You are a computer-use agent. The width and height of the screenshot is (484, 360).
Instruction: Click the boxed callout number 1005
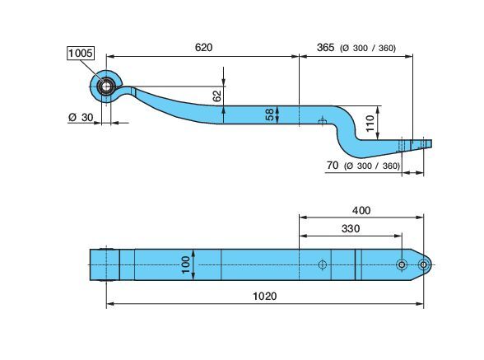pos(81,54)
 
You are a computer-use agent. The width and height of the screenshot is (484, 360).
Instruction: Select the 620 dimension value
pos(204,47)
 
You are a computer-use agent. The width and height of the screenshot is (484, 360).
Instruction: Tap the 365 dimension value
pos(325,47)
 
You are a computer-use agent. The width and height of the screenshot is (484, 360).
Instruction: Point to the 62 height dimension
pos(217,96)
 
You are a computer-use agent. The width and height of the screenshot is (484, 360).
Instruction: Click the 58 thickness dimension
pos(269,115)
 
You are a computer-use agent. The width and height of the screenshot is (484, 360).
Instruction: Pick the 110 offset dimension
pos(370,123)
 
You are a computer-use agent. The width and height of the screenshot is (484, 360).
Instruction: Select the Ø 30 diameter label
pos(81,118)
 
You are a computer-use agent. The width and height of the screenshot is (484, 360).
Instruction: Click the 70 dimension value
pos(333,166)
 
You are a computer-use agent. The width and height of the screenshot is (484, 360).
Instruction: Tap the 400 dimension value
pos(361,210)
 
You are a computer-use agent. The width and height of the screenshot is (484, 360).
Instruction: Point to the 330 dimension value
pos(351,229)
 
